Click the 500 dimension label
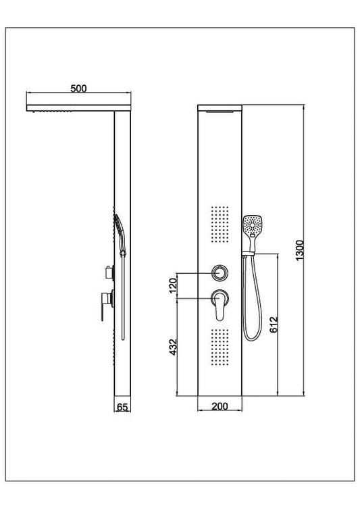pos(78,89)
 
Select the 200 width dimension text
pos(220,406)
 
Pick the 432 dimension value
pos(173,347)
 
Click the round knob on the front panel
pos(219,272)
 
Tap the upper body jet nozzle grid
pos(219,223)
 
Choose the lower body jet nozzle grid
pos(219,345)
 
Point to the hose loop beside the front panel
pos(251,304)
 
